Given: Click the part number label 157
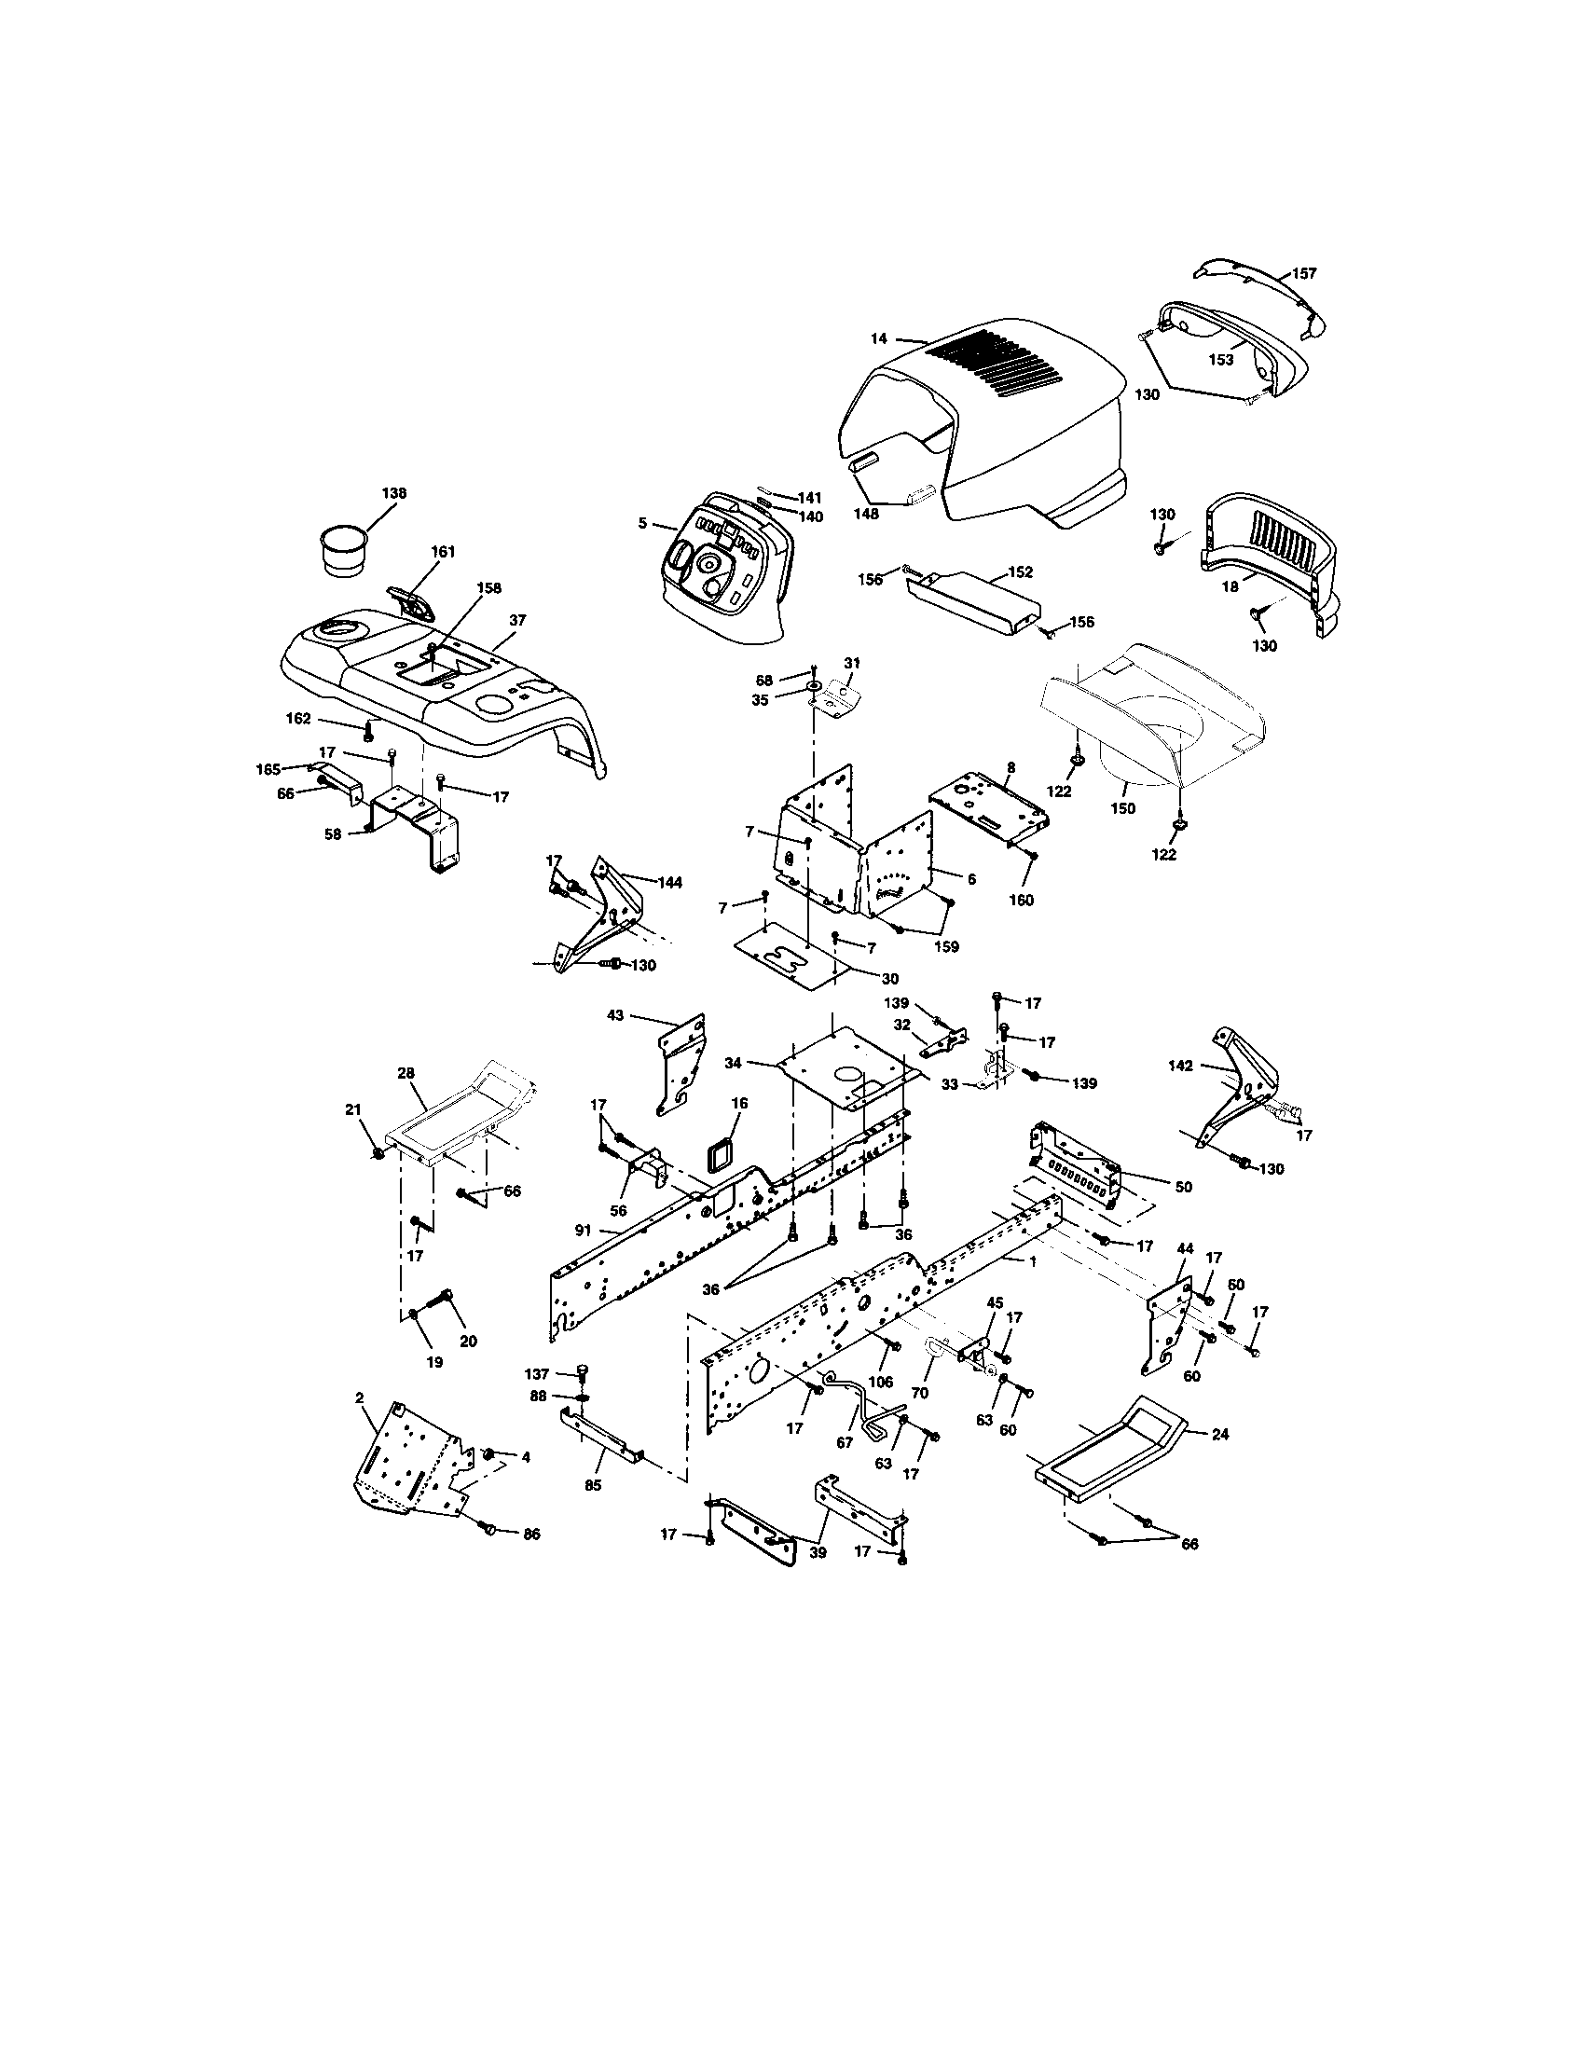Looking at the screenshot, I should click(x=1304, y=274).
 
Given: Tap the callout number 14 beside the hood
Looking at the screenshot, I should click(x=878, y=339).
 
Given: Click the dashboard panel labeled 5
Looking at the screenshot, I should click(x=722, y=578).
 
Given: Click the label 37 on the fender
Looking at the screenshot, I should click(x=517, y=620).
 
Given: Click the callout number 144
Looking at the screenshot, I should click(x=669, y=883).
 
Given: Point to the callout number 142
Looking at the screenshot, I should click(x=1180, y=1066).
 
